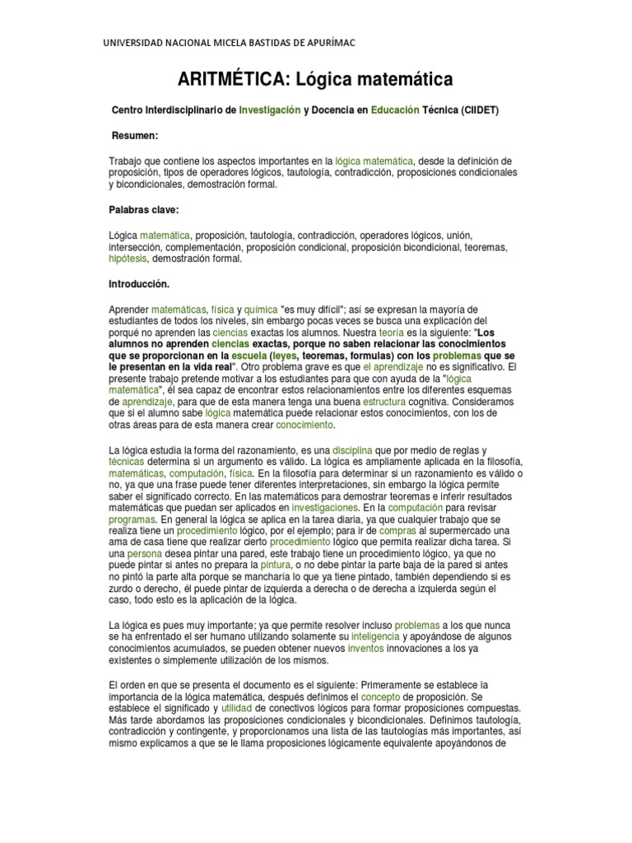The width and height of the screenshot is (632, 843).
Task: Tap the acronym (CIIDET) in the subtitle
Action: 479,109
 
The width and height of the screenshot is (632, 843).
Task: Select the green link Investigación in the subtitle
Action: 269,109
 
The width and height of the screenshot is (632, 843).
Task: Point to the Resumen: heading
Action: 136,134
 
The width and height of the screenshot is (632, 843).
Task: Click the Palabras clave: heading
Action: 143,210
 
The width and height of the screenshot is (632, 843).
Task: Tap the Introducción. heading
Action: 139,283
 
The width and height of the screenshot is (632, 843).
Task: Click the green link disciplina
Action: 353,450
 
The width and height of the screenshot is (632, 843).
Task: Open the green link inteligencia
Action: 374,637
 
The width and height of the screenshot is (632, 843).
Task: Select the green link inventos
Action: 365,649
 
